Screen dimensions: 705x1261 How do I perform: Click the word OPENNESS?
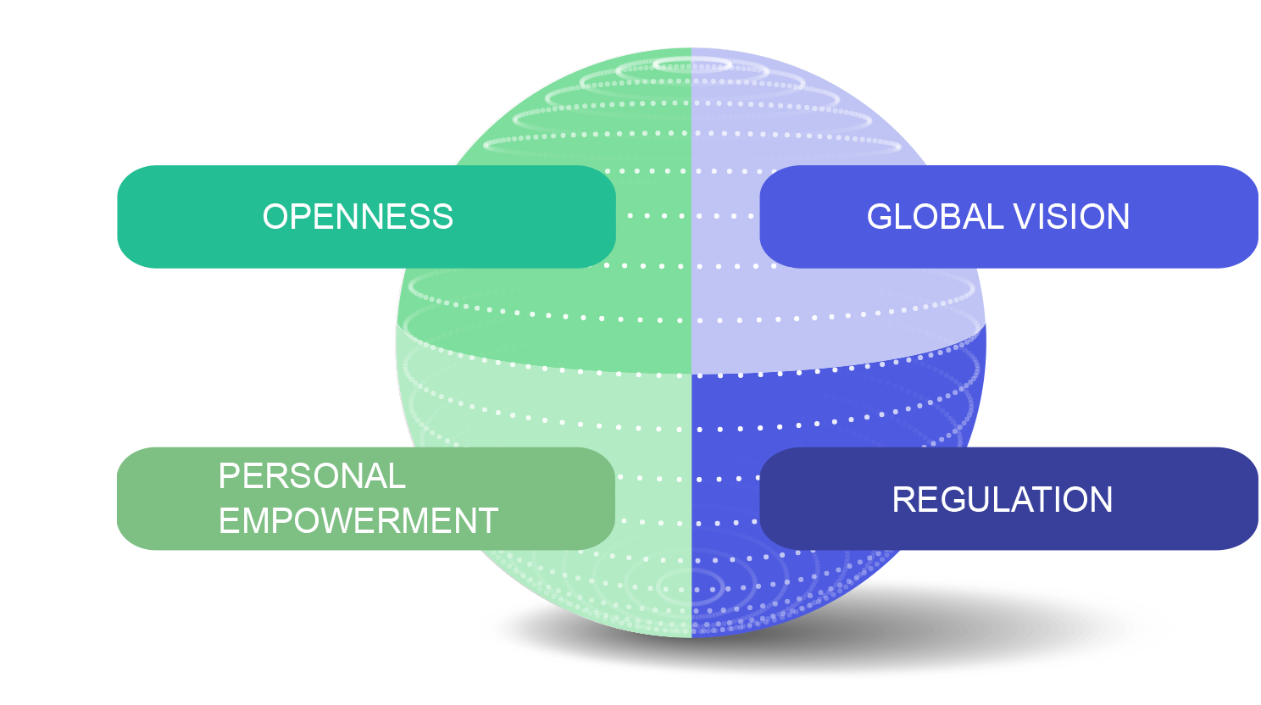pos(358,217)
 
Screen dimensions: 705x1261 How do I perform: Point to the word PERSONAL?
pos(312,476)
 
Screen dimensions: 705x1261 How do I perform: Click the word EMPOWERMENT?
pos(358,520)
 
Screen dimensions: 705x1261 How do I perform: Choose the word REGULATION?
pos(1002,500)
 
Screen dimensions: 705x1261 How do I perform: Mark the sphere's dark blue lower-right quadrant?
pos(847,407)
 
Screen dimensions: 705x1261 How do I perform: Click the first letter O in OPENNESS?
pos(275,217)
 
